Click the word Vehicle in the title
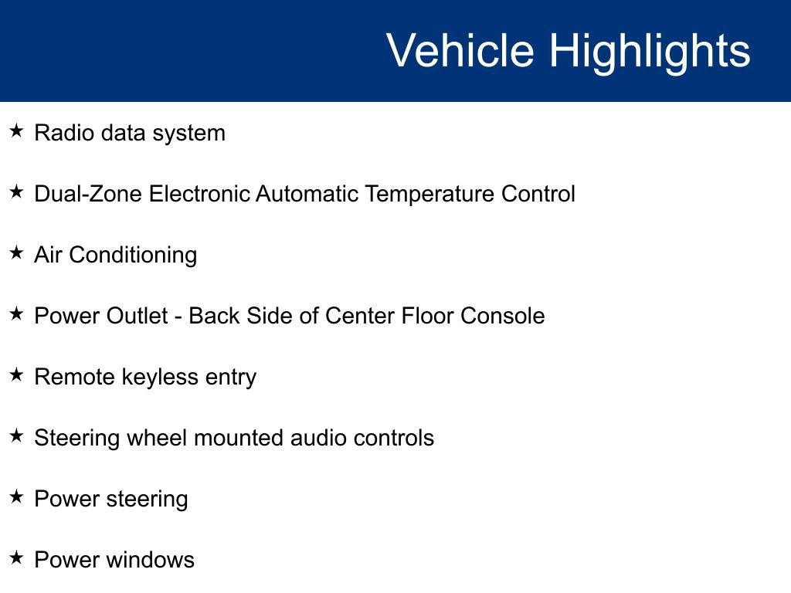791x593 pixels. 460,51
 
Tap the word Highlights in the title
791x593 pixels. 650,51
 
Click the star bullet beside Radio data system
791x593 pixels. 16,131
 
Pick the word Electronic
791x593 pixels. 199,194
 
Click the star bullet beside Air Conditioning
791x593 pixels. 16,253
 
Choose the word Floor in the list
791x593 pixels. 427,316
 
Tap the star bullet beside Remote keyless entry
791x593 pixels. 16,375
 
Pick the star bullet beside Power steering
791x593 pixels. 16,497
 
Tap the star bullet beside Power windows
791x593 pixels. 16,558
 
